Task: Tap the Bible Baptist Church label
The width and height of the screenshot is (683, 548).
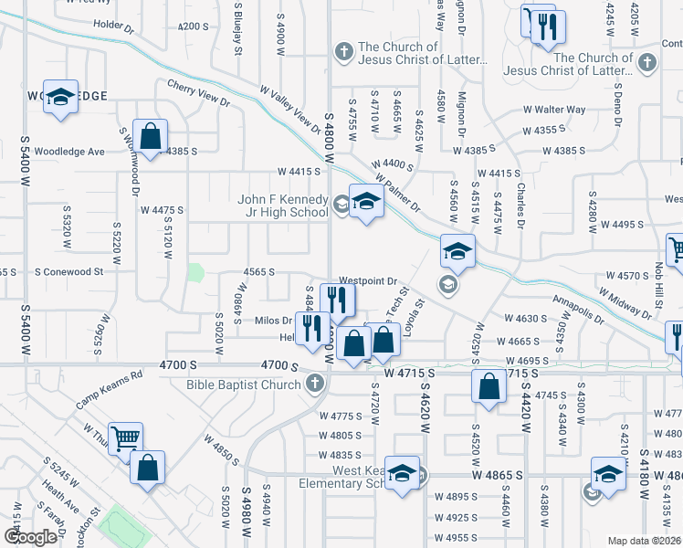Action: pos(245,385)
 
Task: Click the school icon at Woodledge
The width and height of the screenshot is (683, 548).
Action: pos(60,98)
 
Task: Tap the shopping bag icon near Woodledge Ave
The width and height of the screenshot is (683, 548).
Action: pos(151,137)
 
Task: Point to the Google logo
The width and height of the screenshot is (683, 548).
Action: pos(29,537)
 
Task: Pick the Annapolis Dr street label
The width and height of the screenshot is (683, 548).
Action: pos(577,309)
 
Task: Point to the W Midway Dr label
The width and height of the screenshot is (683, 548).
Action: pos(625,303)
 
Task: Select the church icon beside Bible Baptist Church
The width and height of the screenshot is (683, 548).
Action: pos(316,385)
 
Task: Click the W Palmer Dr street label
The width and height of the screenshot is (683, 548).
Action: pos(396,185)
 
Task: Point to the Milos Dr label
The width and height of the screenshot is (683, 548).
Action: pos(273,321)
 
